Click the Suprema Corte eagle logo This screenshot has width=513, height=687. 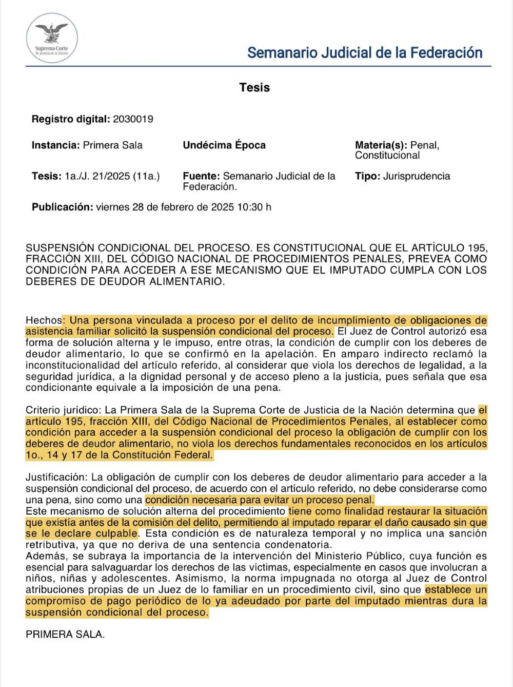pyautogui.click(x=51, y=37)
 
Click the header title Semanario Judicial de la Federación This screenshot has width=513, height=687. pyautogui.click(x=365, y=52)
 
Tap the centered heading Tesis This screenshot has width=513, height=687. pyautogui.click(x=254, y=87)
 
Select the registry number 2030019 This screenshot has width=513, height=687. pyautogui.click(x=133, y=119)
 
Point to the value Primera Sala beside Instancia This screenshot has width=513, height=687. pyautogui.click(x=113, y=145)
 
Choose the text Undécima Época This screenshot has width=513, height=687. pyautogui.click(x=224, y=145)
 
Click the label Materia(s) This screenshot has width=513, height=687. pyautogui.click(x=381, y=145)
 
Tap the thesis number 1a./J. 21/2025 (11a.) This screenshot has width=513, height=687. pyautogui.click(x=112, y=176)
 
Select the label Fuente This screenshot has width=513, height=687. pyautogui.click(x=201, y=176)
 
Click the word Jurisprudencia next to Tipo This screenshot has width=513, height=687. pyautogui.click(x=417, y=176)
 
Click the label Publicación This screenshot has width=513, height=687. pyautogui.click(x=62, y=207)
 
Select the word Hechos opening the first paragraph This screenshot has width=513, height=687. pyautogui.click(x=44, y=320)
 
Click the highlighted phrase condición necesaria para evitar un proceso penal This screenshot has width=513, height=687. pyautogui.click(x=260, y=500)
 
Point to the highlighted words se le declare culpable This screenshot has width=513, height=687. pyautogui.click(x=82, y=533)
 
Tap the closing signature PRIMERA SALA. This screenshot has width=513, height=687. pyautogui.click(x=65, y=634)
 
